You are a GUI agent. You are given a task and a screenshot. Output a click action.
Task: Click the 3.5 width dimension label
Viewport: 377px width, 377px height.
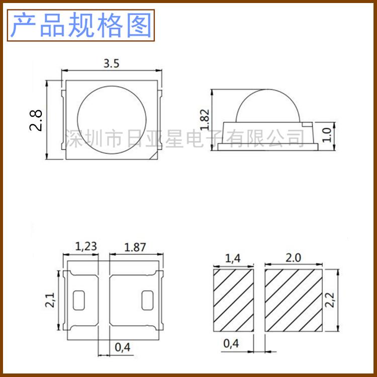tap(111, 64)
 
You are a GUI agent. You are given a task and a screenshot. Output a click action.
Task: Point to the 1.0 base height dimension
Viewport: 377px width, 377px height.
tap(327, 134)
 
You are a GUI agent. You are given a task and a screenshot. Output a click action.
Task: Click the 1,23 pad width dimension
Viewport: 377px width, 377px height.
tap(86, 247)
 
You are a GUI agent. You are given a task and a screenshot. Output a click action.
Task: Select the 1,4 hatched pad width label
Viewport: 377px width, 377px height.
tap(233, 258)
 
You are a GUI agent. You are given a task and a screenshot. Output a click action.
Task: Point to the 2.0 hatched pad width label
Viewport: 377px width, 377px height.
tap(293, 258)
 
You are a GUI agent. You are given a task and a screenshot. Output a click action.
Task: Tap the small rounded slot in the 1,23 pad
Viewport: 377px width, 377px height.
tap(79, 300)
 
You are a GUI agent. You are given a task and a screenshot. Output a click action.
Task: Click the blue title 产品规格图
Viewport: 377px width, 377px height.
tap(81, 25)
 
